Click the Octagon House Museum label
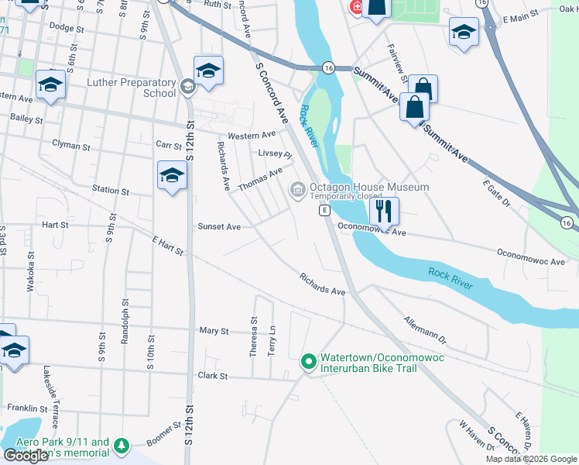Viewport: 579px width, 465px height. (369, 188)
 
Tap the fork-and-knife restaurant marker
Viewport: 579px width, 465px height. (384, 210)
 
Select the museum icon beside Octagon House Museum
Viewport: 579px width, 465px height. (297, 189)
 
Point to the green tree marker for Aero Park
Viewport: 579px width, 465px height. (120, 446)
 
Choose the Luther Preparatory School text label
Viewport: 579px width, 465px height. (132, 88)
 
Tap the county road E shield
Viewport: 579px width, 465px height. (326, 211)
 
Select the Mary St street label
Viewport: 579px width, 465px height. (214, 331)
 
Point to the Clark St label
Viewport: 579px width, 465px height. (212, 377)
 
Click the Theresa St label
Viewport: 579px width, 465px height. (254, 336)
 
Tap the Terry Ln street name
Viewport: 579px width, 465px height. (272, 340)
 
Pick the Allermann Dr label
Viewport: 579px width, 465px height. (426, 329)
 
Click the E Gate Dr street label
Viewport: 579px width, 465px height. (496, 193)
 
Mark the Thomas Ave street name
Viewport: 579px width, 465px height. (260, 181)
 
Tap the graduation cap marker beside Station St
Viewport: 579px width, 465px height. (172, 177)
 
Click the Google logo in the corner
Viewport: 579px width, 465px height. (26, 456)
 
